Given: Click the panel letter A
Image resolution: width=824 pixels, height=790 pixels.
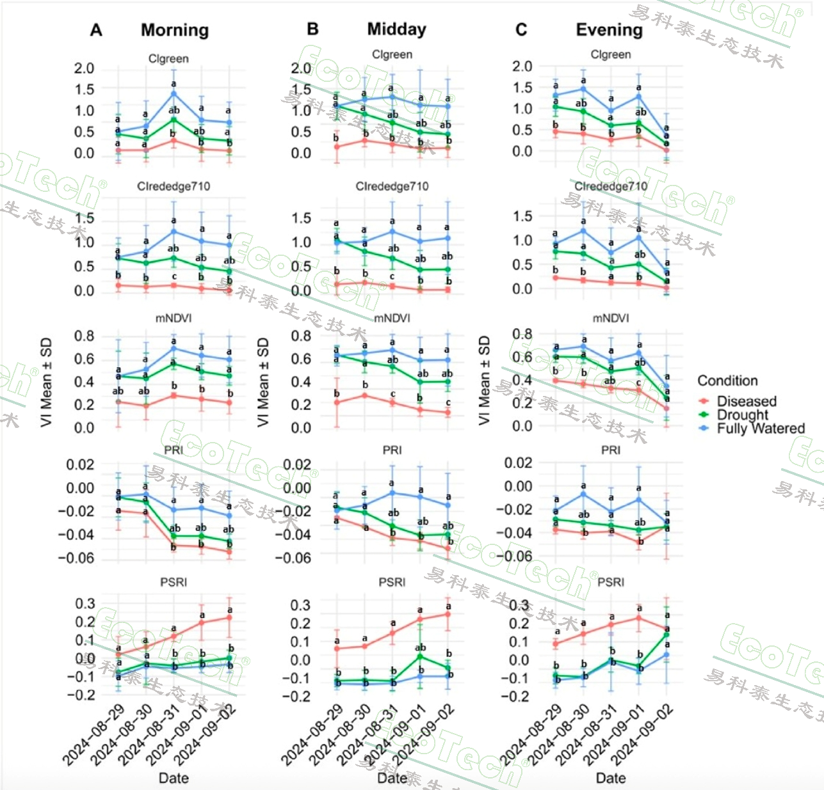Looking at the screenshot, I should (96, 30).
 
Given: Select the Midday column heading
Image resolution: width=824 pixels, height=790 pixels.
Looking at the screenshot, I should (396, 29).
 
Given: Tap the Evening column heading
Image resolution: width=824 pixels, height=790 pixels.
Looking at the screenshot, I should (609, 29).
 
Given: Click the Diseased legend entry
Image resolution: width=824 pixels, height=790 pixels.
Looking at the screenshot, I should (746, 401).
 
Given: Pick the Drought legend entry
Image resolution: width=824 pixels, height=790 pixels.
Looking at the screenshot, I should (742, 415).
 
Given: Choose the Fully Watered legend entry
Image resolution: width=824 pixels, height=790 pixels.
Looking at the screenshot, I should (760, 429).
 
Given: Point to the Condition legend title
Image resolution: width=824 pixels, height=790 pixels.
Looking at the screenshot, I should (727, 381).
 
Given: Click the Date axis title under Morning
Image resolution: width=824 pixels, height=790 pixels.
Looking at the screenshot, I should (174, 778).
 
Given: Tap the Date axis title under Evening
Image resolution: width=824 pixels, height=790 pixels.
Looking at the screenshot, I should (611, 778).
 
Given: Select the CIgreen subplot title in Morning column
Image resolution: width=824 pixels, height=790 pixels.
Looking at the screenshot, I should (168, 58).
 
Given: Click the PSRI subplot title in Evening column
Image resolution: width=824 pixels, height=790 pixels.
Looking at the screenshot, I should (611, 582).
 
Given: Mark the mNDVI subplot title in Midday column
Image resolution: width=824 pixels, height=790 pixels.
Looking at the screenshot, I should (392, 318).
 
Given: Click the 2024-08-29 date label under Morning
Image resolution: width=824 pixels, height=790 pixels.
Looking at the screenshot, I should (93, 736).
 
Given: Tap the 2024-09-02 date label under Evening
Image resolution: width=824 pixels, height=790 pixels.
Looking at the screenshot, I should (643, 736).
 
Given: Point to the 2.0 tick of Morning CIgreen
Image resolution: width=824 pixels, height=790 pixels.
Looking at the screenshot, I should (84, 68).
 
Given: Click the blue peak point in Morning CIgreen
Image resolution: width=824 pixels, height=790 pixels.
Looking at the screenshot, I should (174, 93).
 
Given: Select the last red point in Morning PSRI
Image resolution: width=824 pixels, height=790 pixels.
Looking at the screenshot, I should (229, 617).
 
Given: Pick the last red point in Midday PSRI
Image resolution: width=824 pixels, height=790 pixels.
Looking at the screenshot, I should (448, 614).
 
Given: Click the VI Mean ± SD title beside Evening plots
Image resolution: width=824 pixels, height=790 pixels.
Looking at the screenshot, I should (484, 380).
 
